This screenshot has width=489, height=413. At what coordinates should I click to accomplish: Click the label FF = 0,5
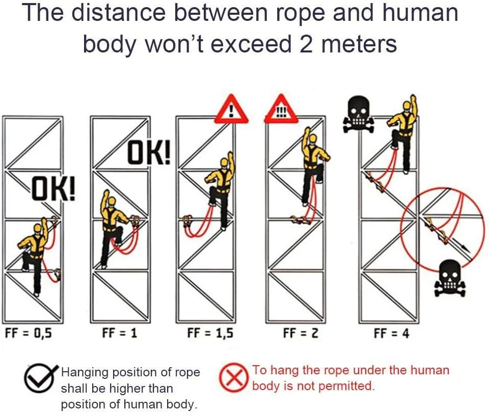[x=29, y=334]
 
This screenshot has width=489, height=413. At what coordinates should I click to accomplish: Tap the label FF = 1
[x=120, y=333]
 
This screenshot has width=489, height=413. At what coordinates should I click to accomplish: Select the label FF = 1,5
[x=210, y=333]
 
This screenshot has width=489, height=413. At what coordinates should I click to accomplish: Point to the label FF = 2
[x=301, y=333]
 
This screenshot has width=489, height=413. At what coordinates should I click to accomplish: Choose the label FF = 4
[x=391, y=334]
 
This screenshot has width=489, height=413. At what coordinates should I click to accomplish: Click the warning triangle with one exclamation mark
[x=231, y=109]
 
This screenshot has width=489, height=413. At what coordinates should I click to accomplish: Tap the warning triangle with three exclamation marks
[x=281, y=109]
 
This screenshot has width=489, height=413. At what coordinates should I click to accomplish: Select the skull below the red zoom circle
[x=450, y=279]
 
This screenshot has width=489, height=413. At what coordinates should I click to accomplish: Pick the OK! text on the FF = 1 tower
[x=149, y=152]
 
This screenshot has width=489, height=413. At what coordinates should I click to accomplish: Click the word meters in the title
[x=359, y=44]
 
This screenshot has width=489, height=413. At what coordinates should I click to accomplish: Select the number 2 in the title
[x=306, y=44]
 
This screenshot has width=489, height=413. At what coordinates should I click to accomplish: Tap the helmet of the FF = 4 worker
[x=406, y=105]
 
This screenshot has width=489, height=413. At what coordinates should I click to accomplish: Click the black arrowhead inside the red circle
[x=465, y=248]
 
